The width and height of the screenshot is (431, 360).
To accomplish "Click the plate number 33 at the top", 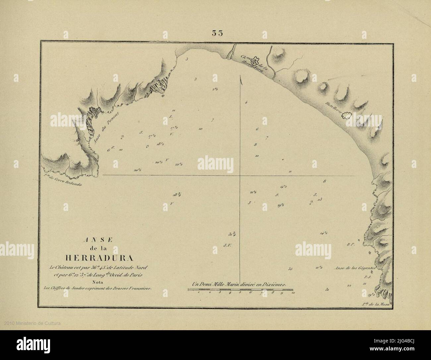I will [x=217, y=33].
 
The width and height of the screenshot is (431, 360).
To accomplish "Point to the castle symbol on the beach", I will [x=255, y=60].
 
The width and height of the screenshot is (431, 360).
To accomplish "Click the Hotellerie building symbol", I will [x=347, y=116].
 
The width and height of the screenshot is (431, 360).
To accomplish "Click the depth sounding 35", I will [x=290, y=269].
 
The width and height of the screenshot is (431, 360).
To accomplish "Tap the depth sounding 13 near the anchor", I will [x=320, y=199].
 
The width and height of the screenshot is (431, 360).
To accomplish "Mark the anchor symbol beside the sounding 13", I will [x=311, y=202].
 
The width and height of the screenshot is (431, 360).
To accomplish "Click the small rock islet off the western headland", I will [x=163, y=96].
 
